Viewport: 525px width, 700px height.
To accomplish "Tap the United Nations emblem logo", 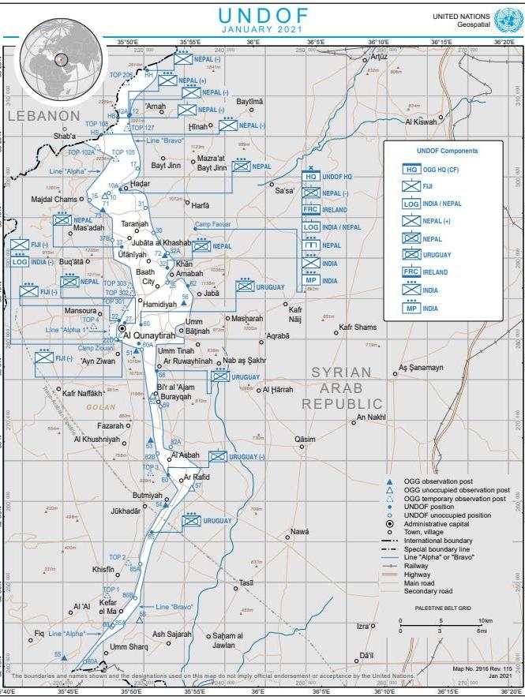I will (504, 20).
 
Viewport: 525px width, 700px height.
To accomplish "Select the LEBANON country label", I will (43, 116).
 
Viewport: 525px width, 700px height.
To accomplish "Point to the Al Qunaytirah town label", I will (148, 335).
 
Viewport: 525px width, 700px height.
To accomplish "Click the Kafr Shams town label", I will (358, 327).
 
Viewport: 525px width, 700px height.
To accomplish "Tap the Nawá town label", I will (299, 531).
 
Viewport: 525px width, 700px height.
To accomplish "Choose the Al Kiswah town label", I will (420, 122).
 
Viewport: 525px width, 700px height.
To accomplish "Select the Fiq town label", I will (39, 633).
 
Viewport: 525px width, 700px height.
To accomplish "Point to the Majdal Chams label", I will (54, 199).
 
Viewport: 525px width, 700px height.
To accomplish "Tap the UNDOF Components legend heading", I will (448, 151).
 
